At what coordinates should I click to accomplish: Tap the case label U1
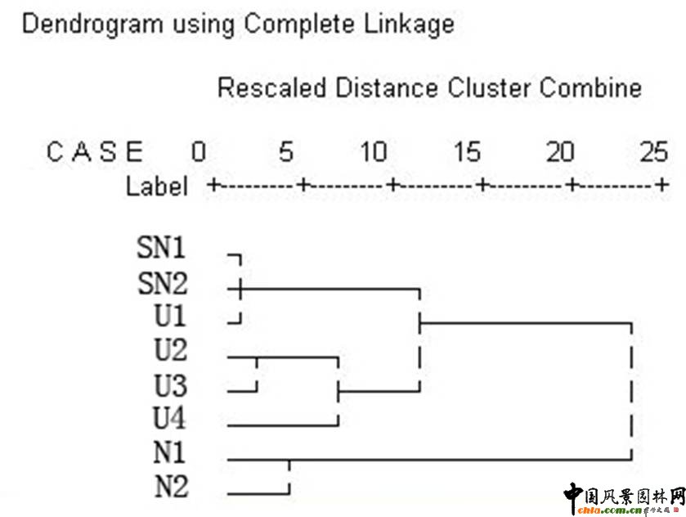[170, 316]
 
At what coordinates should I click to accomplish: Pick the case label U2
[170, 351]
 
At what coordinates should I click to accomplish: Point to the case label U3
[170, 385]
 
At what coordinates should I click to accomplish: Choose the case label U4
[170, 420]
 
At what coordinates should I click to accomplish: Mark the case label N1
[170, 454]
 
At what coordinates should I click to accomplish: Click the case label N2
[170, 488]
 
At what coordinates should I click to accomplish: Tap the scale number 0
[198, 152]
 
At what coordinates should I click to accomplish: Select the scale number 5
[285, 152]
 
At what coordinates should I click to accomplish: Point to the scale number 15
[467, 152]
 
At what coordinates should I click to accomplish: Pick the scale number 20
[560, 152]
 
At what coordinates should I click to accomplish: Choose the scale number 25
[654, 152]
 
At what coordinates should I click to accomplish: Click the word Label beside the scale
[156, 187]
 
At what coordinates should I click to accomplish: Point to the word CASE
[95, 152]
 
